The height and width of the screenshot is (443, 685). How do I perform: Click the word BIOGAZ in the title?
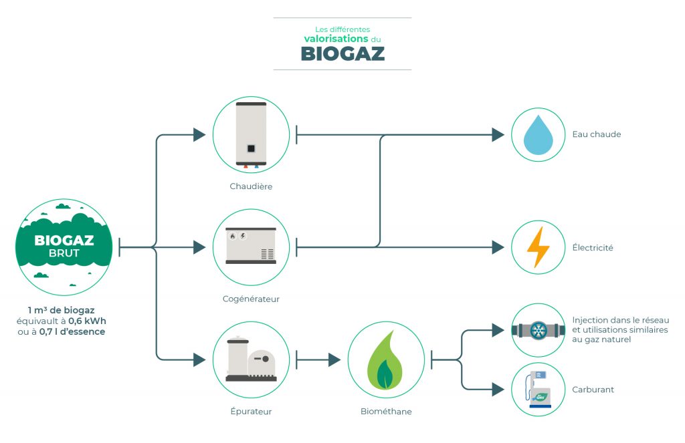pos(342,53)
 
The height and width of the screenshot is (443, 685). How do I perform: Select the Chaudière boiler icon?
pos(251,134)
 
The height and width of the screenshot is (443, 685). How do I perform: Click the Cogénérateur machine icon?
pos(251,247)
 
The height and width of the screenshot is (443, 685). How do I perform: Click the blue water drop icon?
pos(538,134)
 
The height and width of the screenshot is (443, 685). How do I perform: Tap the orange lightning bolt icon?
pos(538,247)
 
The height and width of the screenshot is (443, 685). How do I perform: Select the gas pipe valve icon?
pos(538,330)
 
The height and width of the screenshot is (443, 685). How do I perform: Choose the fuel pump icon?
pos(538,389)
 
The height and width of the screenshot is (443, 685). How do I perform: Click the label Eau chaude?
pos(597,134)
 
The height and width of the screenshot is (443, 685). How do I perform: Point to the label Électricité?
pos(593,248)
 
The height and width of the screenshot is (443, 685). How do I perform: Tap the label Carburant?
pos(593,390)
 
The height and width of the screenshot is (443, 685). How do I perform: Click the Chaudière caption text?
pos(251,186)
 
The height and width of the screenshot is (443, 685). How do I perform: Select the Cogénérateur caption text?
pos(251,299)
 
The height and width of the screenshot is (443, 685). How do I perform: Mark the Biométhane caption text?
pos(386,412)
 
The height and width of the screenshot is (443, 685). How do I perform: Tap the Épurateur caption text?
pos(251,412)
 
